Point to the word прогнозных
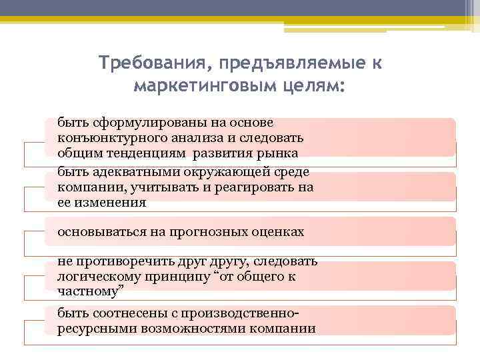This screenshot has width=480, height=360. pos(211,232)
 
